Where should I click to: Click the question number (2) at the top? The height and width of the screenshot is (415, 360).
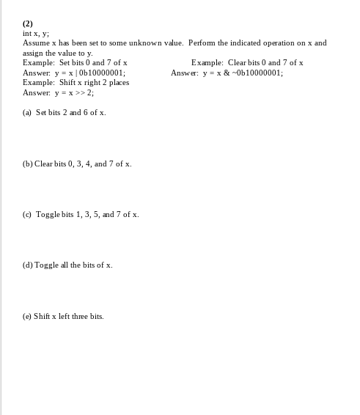pyautogui.click(x=28, y=23)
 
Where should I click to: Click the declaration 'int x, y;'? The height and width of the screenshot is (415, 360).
pyautogui.click(x=36, y=33)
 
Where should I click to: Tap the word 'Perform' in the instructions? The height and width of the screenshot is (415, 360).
pyautogui.click(x=203, y=43)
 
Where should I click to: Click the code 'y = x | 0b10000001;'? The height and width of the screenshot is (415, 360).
pyautogui.click(x=89, y=73)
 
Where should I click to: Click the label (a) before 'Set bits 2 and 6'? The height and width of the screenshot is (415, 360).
pyautogui.click(x=27, y=112)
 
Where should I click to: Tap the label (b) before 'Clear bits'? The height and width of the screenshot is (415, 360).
pyautogui.click(x=28, y=164)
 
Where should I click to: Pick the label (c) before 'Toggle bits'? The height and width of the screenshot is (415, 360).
pyautogui.click(x=27, y=214)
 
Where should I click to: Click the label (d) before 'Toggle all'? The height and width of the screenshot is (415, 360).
pyautogui.click(x=28, y=265)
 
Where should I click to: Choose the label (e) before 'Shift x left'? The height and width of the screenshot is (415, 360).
pyautogui.click(x=27, y=316)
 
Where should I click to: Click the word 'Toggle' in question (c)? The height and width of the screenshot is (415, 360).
pyautogui.click(x=48, y=214)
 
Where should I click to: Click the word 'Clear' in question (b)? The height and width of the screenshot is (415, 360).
pyautogui.click(x=44, y=164)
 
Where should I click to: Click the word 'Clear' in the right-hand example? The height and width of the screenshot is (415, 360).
pyautogui.click(x=238, y=62)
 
